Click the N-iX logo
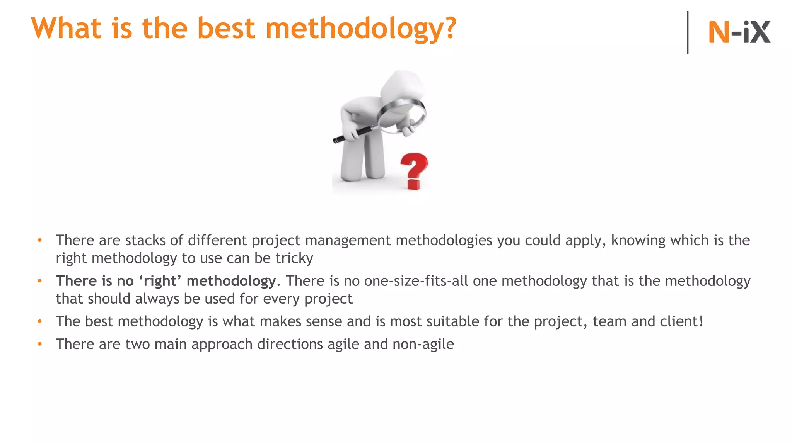(739, 32)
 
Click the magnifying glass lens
(402, 115)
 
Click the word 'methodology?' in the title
(361, 29)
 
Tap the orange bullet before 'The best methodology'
(39, 321)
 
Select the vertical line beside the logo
(688, 32)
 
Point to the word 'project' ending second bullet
(328, 299)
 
